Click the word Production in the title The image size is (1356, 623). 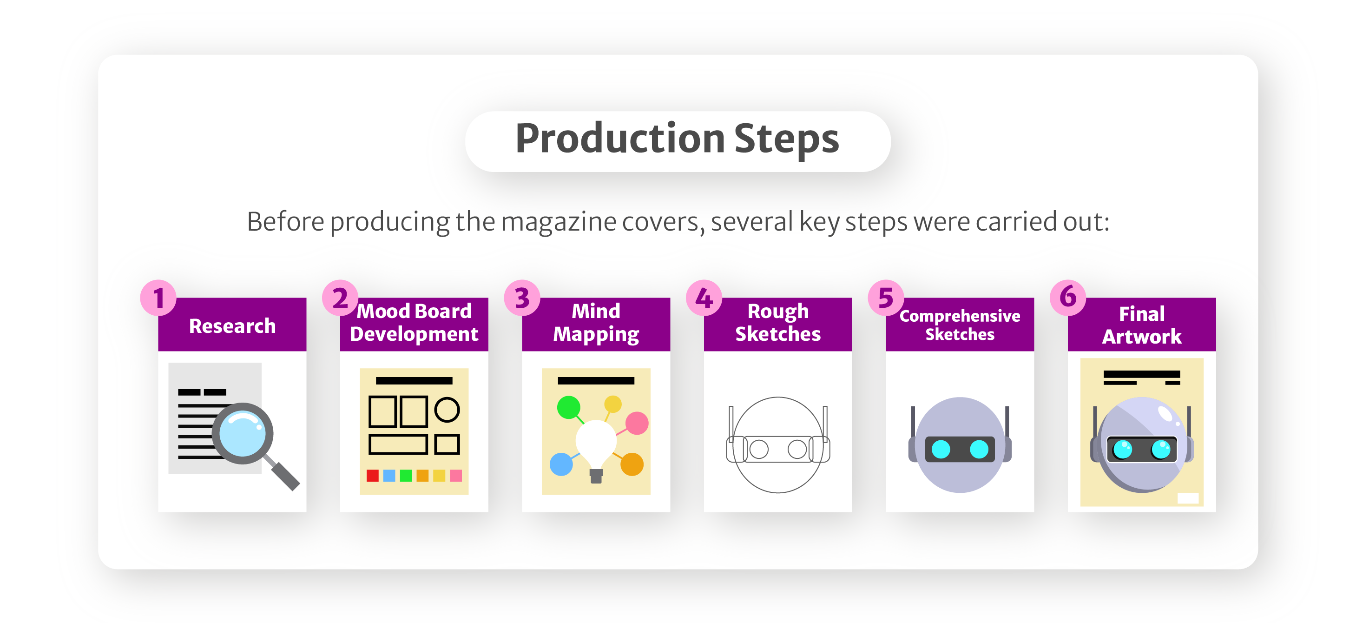[x=619, y=138]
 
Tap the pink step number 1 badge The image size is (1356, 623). [x=158, y=298]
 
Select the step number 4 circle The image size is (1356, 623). [x=704, y=298]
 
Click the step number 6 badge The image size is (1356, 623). [x=1067, y=298]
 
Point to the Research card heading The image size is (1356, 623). [x=232, y=325]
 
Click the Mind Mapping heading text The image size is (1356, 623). [x=596, y=322]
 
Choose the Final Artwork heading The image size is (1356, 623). [x=1142, y=325]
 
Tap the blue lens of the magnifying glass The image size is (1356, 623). [x=242, y=433]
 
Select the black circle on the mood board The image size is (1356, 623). [x=447, y=410]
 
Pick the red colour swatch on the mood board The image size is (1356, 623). [x=373, y=476]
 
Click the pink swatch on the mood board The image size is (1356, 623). [x=456, y=476]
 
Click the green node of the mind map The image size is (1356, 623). [x=568, y=408]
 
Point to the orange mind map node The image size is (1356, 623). [x=632, y=464]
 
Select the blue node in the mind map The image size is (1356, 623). [x=561, y=464]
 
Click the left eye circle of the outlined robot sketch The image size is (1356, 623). [x=758, y=449]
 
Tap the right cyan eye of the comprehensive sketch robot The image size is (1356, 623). [x=979, y=449]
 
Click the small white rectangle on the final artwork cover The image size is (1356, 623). [x=1188, y=497]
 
